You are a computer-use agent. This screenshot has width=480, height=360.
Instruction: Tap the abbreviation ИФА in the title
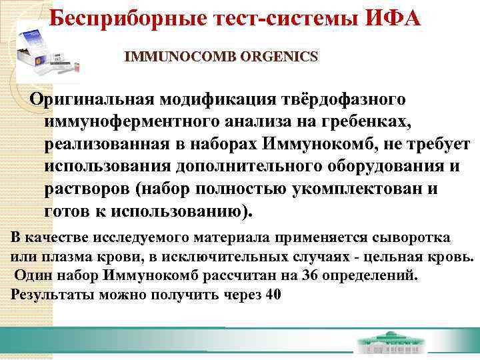coord(393,17)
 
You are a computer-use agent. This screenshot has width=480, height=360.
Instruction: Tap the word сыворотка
coord(410,238)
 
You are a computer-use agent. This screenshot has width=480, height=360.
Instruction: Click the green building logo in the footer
coord(391,346)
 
